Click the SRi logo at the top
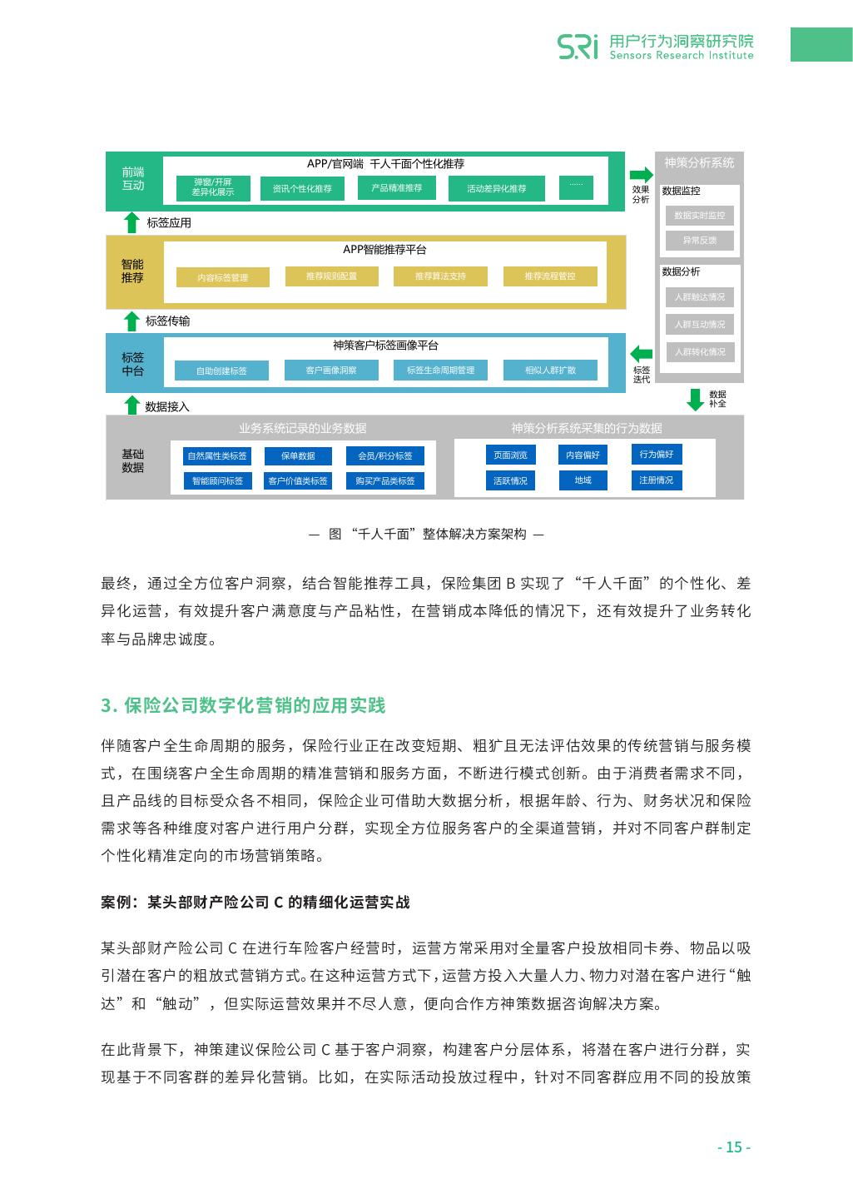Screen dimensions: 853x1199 (578, 46)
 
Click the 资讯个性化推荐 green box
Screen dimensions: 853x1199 (301, 189)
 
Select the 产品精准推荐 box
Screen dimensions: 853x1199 (397, 188)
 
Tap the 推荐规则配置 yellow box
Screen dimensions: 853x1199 (331, 276)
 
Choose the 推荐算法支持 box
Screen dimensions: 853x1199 (440, 276)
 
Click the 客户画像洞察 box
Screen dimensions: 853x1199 (331, 371)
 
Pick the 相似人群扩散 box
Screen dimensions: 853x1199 (550, 371)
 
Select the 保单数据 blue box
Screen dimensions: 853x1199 (298, 455)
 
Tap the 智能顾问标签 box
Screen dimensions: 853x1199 (217, 481)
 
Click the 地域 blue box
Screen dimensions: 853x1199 (583, 480)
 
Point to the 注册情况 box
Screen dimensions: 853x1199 (656, 480)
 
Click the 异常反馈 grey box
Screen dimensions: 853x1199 (699, 241)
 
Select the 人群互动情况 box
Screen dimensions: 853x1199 (699, 325)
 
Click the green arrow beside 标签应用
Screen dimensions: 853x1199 (131, 222)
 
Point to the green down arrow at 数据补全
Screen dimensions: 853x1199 (695, 399)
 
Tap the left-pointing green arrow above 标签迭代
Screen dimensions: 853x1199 (641, 353)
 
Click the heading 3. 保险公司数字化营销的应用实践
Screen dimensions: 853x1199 (243, 706)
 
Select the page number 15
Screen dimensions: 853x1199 (734, 1147)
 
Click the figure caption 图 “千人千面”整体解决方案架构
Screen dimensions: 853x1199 (427, 535)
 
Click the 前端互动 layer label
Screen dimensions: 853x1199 (133, 179)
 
